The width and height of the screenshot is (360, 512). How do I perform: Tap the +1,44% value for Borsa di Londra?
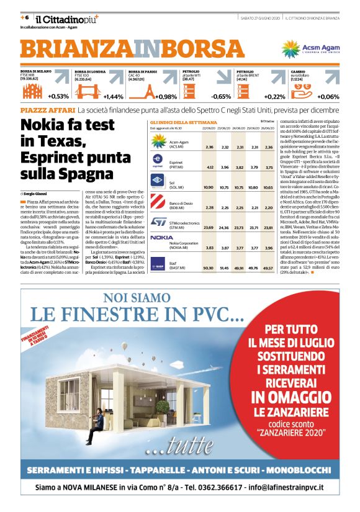[112, 96]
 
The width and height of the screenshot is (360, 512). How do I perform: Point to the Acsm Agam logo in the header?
[308, 48]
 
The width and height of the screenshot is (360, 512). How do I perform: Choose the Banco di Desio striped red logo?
[158, 202]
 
